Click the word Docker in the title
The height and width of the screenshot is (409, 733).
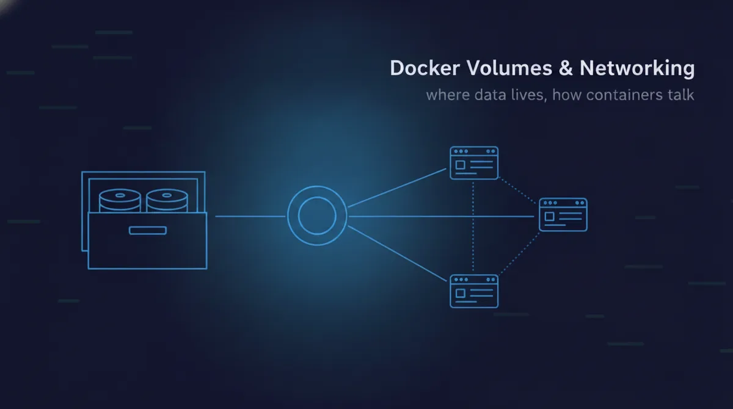point(425,68)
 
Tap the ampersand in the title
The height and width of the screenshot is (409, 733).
point(566,68)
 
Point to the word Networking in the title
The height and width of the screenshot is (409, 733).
point(637,68)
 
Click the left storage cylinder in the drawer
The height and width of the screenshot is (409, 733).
point(120,200)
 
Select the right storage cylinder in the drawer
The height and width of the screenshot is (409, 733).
point(167,200)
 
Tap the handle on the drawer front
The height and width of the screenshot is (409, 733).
point(148,231)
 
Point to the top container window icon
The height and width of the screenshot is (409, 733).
point(474,163)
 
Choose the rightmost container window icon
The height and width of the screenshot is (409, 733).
point(563,214)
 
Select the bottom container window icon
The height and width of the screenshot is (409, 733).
point(474,291)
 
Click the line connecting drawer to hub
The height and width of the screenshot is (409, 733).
point(250,216)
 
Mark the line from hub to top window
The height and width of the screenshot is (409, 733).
point(397,188)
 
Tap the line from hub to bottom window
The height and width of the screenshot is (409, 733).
point(397,253)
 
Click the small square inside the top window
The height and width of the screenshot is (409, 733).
point(461,165)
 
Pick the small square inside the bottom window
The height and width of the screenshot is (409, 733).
point(461,293)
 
